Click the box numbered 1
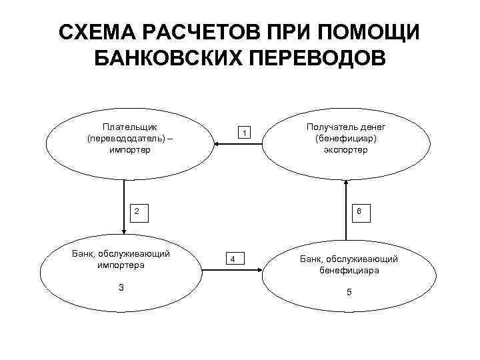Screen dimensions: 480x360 [x=245, y=133]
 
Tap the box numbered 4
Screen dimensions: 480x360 [x=232, y=259]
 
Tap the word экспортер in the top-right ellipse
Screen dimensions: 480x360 [x=347, y=149]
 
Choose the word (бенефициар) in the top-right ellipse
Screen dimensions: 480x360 [x=347, y=138]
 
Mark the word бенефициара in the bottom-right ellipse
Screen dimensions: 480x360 [x=349, y=271]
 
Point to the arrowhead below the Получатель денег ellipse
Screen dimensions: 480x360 [x=346, y=181]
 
